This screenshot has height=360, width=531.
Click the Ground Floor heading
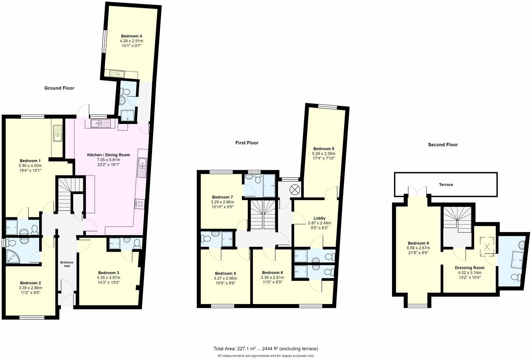[x=59, y=88]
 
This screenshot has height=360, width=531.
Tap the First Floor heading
[x=247, y=143]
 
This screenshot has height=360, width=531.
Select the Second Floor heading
[x=443, y=145]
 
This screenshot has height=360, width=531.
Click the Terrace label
[x=446, y=185]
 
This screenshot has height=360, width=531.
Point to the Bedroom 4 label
[x=132, y=36]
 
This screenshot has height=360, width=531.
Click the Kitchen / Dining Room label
[x=108, y=155]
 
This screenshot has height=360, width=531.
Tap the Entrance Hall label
[x=67, y=264]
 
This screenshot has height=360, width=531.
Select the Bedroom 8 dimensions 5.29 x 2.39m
[x=323, y=154]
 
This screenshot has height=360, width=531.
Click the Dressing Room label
[x=469, y=268]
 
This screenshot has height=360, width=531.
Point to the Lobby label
[x=319, y=218]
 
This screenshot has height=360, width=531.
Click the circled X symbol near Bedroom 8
[x=294, y=190]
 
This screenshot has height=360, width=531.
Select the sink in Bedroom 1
[x=57, y=134]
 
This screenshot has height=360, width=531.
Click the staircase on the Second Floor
[x=457, y=220]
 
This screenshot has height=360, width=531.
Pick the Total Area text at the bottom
[x=265, y=349]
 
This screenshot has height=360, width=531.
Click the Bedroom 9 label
[x=418, y=243]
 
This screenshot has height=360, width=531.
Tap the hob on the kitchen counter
[x=140, y=203]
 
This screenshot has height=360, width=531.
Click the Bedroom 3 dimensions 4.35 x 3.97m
[x=108, y=278]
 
